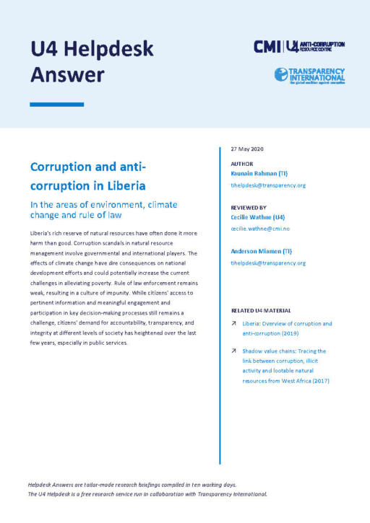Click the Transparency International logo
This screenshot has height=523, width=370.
[309, 75]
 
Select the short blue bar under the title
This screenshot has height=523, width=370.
[56, 105]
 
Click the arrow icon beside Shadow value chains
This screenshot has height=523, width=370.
[234, 351]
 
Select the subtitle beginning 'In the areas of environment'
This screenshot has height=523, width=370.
[103, 210]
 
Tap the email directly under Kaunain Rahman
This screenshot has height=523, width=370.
[268, 185]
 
